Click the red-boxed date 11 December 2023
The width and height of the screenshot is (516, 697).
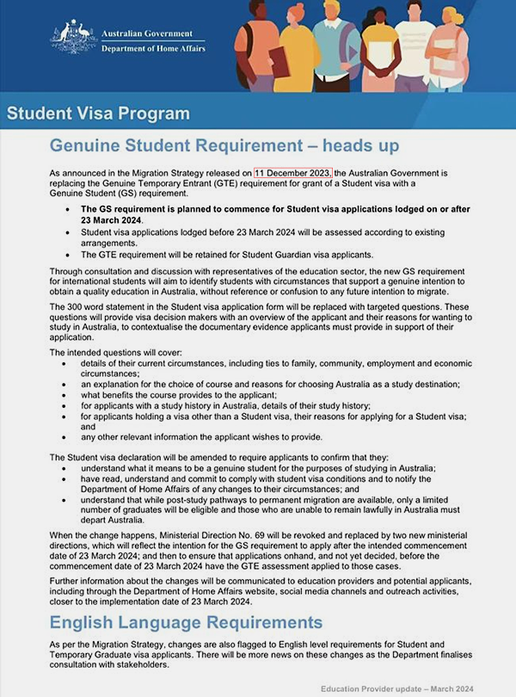(293, 172)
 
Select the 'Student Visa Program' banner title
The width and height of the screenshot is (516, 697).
(98, 114)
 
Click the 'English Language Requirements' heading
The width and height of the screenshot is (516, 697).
(186, 622)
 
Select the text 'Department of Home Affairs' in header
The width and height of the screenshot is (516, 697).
(152, 49)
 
